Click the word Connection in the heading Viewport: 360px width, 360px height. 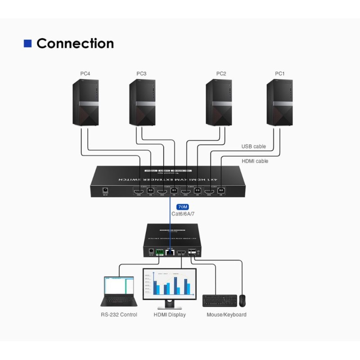[x=75, y=44]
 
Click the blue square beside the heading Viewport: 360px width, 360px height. [x=28, y=44]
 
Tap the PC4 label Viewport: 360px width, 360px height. [x=85, y=73]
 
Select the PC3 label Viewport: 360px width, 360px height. [x=142, y=73]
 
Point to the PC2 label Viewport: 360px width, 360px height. [x=221, y=73]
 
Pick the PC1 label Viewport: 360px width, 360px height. [x=280, y=73]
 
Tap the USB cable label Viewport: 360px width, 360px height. [x=254, y=146]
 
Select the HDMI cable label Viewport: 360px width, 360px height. [x=255, y=161]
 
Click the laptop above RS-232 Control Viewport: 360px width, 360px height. [x=117, y=292]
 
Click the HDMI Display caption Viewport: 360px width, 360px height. [x=170, y=315]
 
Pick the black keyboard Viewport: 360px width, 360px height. [x=220, y=301]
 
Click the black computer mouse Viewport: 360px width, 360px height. [x=243, y=300]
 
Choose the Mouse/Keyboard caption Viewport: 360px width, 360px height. [x=226, y=315]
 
